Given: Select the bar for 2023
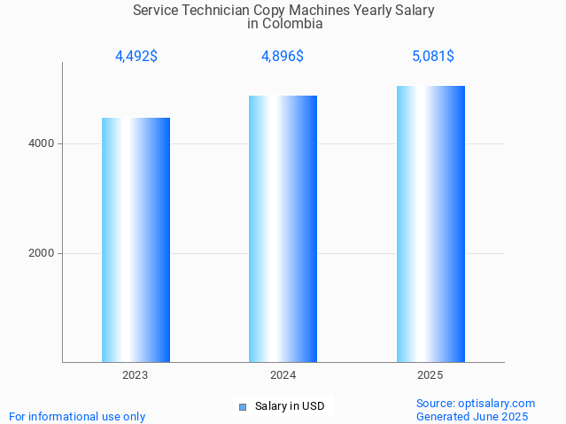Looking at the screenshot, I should click(x=136, y=240).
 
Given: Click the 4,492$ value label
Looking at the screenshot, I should click(x=136, y=57).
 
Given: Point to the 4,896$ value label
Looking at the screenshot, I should click(x=283, y=57).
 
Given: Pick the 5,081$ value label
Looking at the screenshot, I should click(x=432, y=57).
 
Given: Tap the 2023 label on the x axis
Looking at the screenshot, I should click(x=136, y=375).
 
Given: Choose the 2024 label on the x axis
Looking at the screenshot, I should click(x=283, y=375).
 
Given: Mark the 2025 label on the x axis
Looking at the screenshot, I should click(x=430, y=375).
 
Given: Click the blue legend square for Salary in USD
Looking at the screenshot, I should click(x=243, y=407).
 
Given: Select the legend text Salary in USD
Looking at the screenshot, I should click(x=290, y=407).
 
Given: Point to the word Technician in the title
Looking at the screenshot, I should click(x=216, y=11).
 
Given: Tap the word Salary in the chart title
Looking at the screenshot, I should click(x=415, y=11).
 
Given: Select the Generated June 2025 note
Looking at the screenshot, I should click(x=472, y=416).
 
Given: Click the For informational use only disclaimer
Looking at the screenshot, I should click(x=77, y=416).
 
